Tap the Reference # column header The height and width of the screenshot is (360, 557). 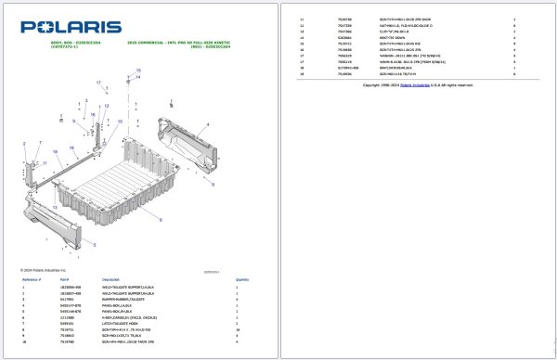[32, 279]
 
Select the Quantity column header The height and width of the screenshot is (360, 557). [242, 279]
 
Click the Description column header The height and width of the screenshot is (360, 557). [111, 279]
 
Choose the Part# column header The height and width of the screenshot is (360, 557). [65, 279]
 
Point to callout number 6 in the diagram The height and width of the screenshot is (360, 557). [161, 220]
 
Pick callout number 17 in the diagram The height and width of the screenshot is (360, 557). [97, 84]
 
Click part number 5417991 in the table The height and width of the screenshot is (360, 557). [66, 299]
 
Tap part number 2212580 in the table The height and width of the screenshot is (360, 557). [66, 316]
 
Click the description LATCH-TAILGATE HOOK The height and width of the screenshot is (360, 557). [122, 322]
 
